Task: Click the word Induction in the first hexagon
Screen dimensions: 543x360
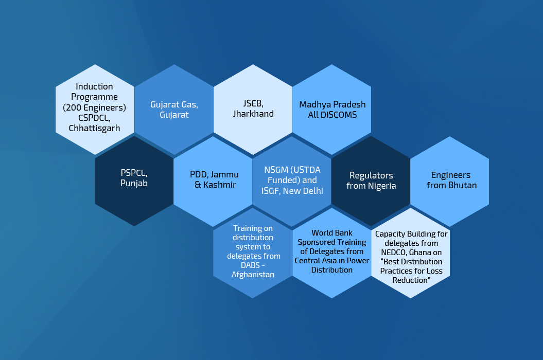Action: point(94,86)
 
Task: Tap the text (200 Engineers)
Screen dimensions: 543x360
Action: point(94,107)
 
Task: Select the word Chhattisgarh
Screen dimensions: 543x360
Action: point(94,129)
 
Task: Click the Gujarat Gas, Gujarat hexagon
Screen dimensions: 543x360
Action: point(174,110)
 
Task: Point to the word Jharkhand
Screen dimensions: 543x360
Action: point(253,114)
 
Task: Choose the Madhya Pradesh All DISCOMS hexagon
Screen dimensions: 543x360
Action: point(332,110)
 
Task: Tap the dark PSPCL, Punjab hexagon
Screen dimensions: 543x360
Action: point(134,181)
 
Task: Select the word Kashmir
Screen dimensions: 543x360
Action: point(220,185)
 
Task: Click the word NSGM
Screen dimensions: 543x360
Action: point(276,170)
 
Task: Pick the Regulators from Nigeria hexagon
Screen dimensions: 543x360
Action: point(371,181)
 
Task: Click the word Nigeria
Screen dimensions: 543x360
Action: point(382,186)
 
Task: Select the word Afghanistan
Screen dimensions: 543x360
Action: point(253,275)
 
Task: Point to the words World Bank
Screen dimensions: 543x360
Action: point(332,233)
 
